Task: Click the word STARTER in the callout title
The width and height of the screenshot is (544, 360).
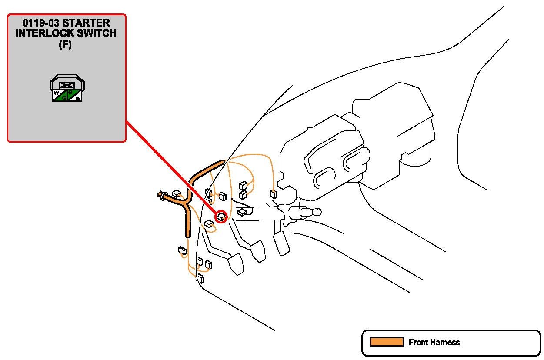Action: click(x=86, y=23)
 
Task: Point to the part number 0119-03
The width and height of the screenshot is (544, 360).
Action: click(x=41, y=23)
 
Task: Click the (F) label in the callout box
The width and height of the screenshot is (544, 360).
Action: click(x=65, y=45)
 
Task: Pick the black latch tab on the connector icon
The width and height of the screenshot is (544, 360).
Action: click(x=67, y=85)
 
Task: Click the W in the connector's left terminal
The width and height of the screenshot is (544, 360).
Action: click(x=57, y=93)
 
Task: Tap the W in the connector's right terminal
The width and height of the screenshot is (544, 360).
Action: click(x=78, y=98)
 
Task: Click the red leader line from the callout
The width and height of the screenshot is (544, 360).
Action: click(x=171, y=167)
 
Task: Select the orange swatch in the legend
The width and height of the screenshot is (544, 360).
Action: click(x=387, y=342)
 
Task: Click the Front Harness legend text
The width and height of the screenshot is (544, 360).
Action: click(x=434, y=342)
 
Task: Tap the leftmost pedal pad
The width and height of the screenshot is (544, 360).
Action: click(x=236, y=264)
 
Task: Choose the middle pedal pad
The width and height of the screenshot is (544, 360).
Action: click(x=258, y=251)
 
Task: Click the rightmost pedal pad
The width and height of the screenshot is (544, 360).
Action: click(x=282, y=243)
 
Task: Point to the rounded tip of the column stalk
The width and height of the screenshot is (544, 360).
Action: click(x=317, y=212)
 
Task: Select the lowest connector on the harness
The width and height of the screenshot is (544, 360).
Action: click(x=201, y=278)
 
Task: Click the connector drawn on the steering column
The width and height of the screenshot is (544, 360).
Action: click(x=242, y=212)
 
